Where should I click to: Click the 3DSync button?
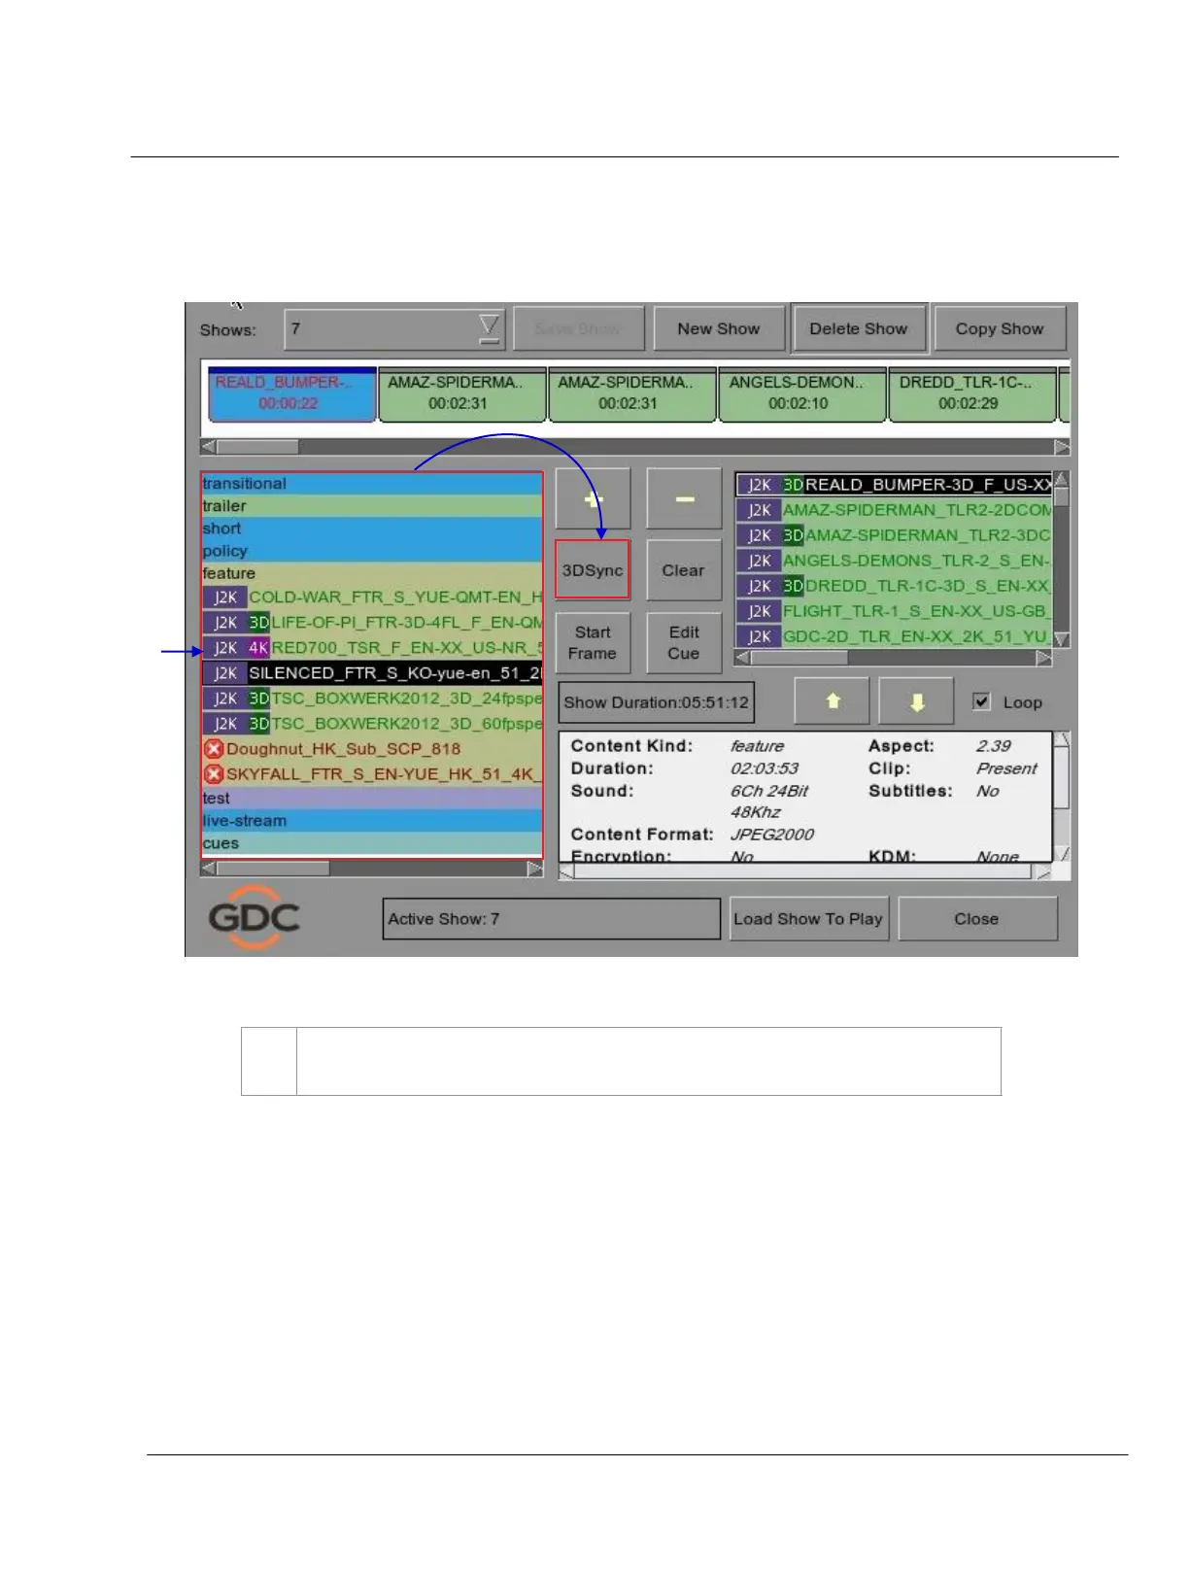tap(592, 570)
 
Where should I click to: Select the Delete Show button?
tap(859, 329)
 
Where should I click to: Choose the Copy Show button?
tap(999, 329)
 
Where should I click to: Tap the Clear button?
tap(683, 570)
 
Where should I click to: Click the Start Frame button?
tap(592, 643)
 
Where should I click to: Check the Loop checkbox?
tap(982, 701)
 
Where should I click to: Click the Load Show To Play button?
tap(807, 919)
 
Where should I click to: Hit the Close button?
tap(976, 919)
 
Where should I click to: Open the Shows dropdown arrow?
tap(490, 329)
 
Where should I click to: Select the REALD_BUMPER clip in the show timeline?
tap(291, 393)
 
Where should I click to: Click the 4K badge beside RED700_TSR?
tap(258, 648)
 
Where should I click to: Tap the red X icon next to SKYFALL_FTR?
tap(214, 774)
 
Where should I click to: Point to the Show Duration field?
tap(656, 702)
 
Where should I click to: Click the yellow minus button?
tap(684, 499)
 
